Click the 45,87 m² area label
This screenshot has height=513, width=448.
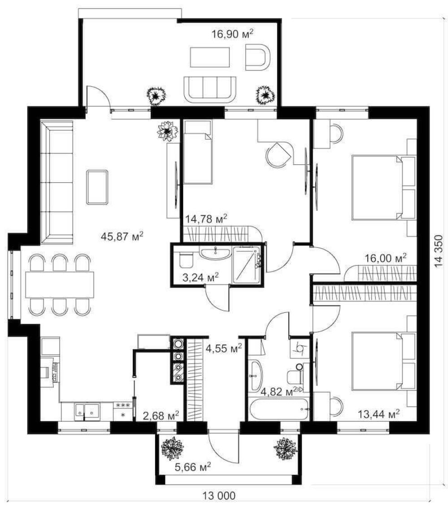tap(122, 236)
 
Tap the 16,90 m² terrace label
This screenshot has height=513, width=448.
tap(232, 34)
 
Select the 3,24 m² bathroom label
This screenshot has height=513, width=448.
tap(200, 278)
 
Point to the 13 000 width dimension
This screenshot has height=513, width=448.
tap(219, 495)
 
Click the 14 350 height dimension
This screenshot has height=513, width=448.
tap(439, 251)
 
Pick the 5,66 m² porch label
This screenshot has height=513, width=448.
tap(192, 467)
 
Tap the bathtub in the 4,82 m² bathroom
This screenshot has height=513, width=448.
tap(278, 409)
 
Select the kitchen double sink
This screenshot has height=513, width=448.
tap(87, 411)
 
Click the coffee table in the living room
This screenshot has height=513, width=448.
tap(97, 187)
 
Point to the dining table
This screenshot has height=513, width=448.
tap(60, 285)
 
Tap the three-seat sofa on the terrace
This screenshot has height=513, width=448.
tap(209, 89)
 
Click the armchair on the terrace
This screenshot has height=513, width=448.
tap(258, 57)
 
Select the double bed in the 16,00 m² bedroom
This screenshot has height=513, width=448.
tap(383, 188)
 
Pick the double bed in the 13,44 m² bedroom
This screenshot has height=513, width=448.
tap(383, 361)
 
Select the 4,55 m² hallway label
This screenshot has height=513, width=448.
tap(224, 348)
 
